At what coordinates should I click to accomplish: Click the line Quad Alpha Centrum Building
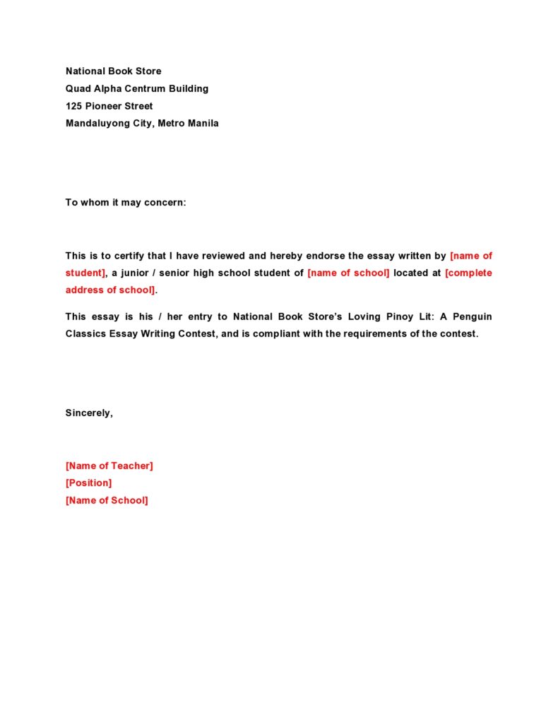tap(137, 88)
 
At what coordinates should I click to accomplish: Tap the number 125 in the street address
tap(74, 106)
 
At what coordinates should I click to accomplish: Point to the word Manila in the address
tap(203, 123)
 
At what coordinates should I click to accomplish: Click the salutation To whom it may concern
tap(126, 202)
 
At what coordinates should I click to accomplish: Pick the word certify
tap(128, 256)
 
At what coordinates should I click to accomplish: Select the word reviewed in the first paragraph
tap(225, 256)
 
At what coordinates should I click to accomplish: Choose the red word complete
tap(468, 273)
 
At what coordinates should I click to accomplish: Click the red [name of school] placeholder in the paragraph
tap(348, 273)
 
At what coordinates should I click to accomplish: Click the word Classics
tap(87, 333)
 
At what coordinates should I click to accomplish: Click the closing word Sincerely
tap(89, 413)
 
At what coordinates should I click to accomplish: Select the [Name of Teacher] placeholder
tap(109, 466)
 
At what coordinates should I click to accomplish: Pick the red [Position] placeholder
tap(88, 483)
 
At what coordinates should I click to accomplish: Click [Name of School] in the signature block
tap(107, 500)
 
